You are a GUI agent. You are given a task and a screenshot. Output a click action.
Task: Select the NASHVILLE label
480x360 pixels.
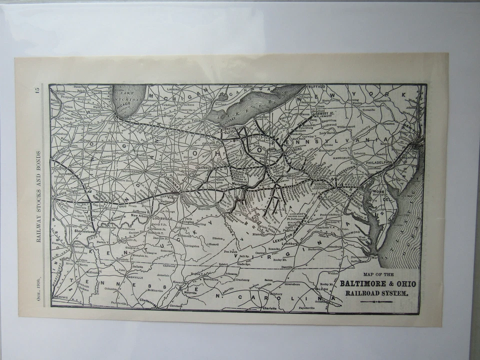click(x=134, y=276)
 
